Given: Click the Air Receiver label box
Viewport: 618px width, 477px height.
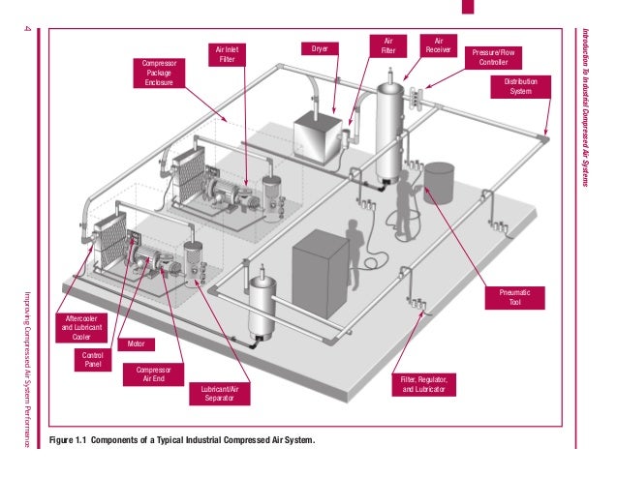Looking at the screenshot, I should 439,47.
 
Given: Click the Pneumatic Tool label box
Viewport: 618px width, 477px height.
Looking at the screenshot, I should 515,297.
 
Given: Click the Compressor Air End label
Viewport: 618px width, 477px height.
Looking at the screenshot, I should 153,374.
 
